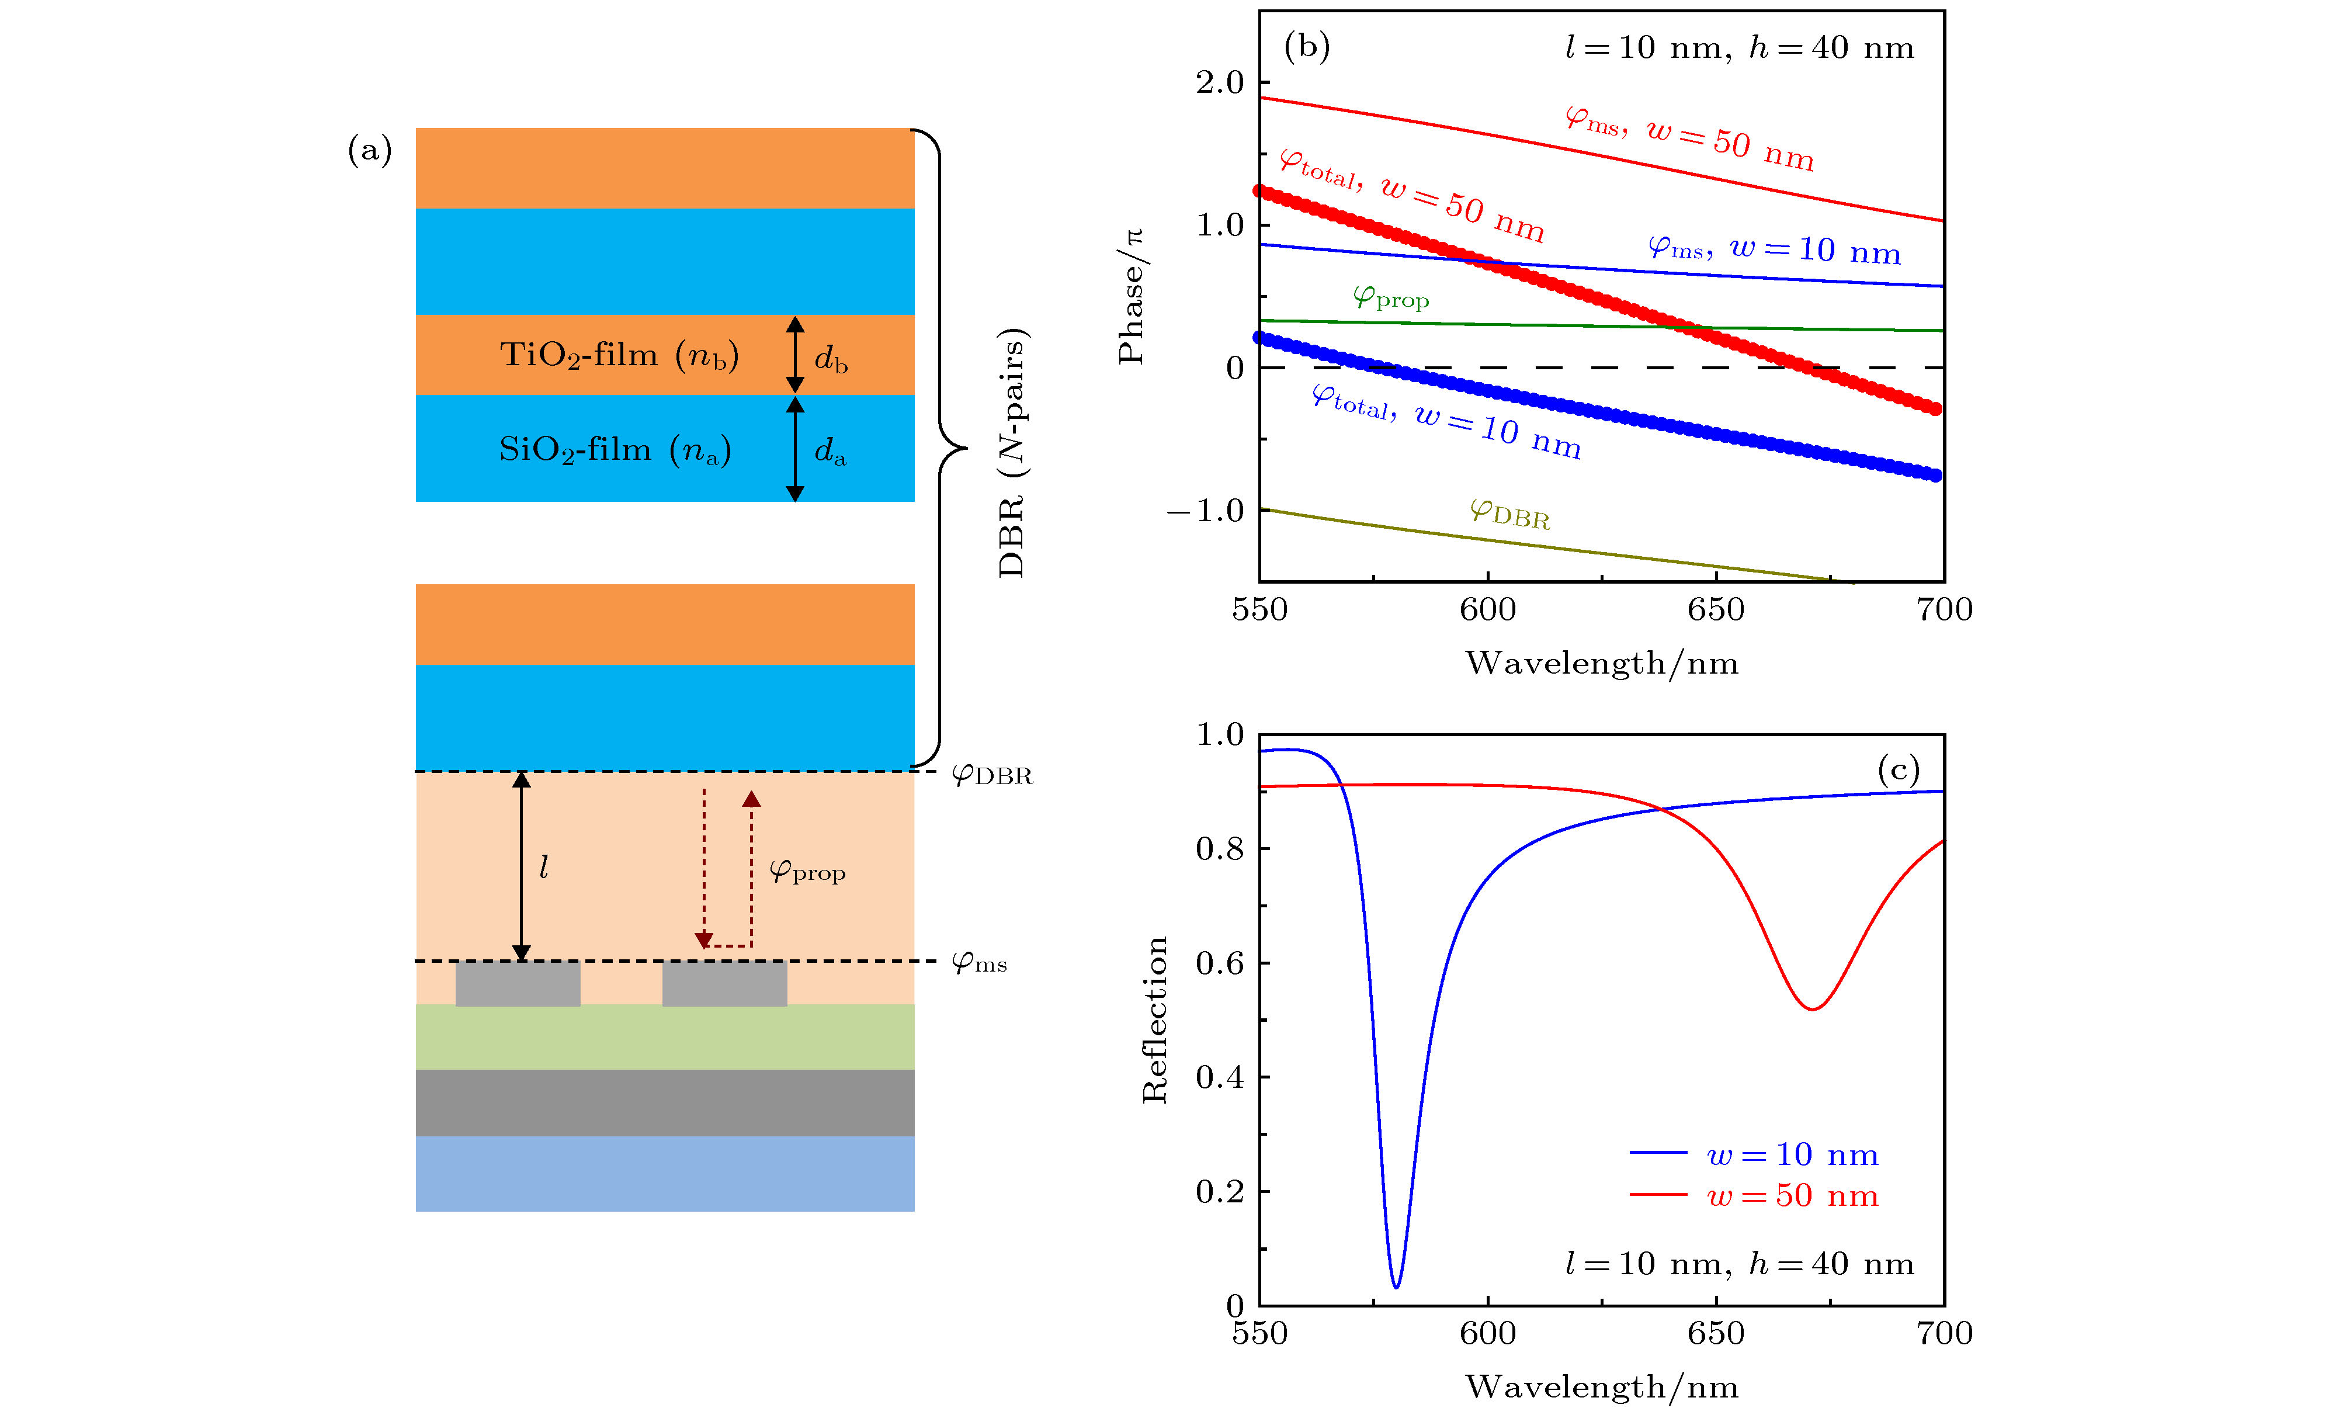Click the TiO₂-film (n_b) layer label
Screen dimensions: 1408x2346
pos(619,355)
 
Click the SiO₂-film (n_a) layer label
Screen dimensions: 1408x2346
pos(615,450)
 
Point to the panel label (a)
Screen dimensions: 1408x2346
pos(369,150)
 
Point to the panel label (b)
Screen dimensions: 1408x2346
pos(1306,46)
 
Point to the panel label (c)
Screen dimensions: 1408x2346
pos(1899,768)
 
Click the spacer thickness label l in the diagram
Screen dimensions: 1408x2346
pos(544,867)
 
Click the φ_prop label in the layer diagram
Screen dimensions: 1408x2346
pos(806,870)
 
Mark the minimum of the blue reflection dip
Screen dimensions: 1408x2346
pos(1396,1286)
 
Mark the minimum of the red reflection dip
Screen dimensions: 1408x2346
pos(1812,1008)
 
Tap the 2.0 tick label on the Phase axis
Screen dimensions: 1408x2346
pos(1219,82)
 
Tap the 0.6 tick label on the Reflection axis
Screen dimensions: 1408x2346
pos(1219,963)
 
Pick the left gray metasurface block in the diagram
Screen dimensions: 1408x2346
pos(518,983)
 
